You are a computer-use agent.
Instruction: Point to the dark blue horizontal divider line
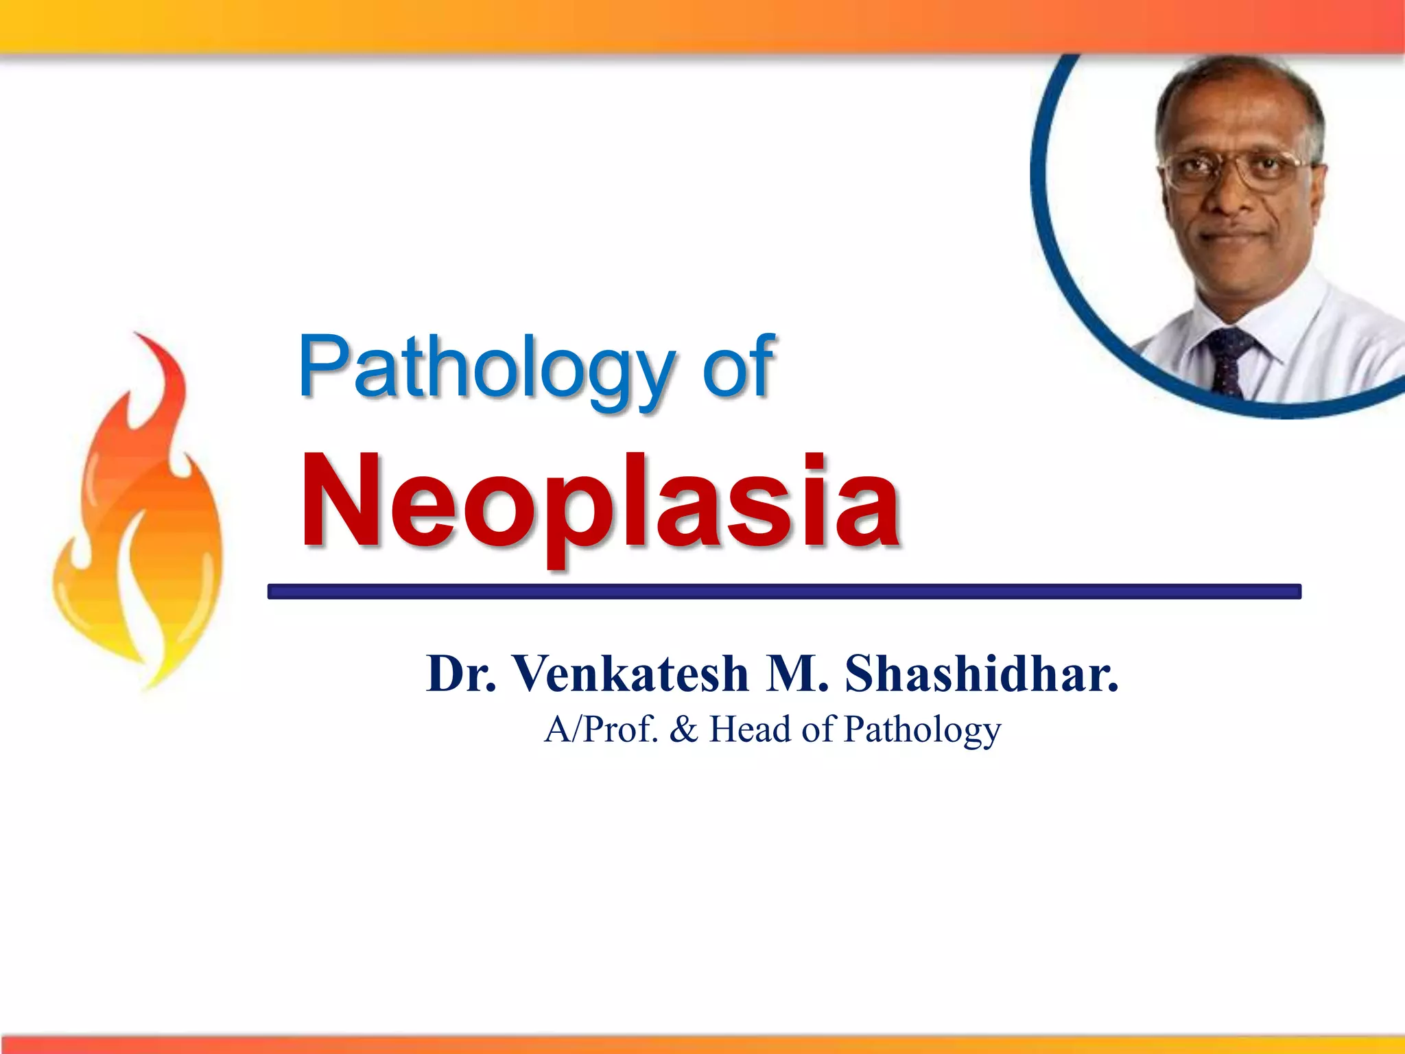(x=783, y=592)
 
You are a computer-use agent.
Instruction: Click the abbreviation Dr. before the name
(x=460, y=674)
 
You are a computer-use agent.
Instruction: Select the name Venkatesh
(x=631, y=674)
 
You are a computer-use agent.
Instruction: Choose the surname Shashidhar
(x=981, y=674)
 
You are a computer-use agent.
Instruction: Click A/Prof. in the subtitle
(x=601, y=729)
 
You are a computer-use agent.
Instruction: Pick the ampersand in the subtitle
(x=683, y=729)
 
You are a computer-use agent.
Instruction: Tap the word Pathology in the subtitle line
(x=923, y=730)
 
